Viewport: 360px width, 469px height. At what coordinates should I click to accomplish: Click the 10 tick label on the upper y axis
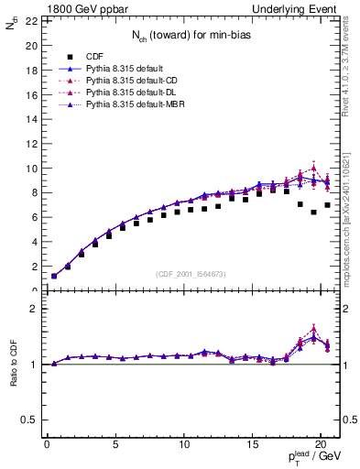[30, 169]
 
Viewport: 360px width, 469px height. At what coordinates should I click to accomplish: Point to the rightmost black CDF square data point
[327, 205]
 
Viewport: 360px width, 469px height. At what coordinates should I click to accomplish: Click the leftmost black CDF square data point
[54, 276]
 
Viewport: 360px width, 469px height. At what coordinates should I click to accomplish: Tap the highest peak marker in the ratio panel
[313, 329]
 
